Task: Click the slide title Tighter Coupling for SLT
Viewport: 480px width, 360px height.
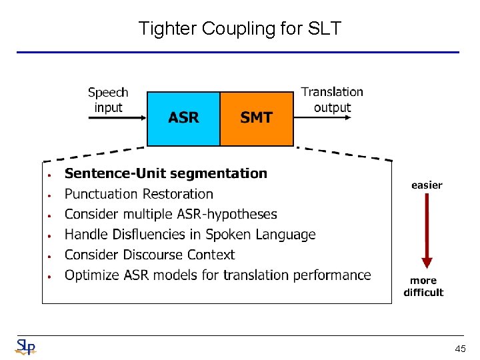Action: [x=239, y=29]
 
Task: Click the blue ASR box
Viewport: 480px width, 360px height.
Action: [x=183, y=118]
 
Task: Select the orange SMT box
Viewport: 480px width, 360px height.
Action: [x=257, y=118]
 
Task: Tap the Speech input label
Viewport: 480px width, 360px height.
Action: [x=108, y=100]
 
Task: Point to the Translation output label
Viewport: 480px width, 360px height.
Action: [x=332, y=99]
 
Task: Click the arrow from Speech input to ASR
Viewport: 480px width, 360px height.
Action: [x=117, y=118]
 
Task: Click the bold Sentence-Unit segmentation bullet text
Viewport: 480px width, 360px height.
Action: [x=165, y=173]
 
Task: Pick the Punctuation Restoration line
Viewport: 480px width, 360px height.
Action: [x=139, y=194]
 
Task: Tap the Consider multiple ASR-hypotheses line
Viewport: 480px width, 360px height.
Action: [x=171, y=214]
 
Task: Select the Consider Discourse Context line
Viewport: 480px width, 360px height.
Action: [x=149, y=255]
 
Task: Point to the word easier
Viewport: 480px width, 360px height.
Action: [x=427, y=185]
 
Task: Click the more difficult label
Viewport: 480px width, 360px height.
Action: [x=423, y=287]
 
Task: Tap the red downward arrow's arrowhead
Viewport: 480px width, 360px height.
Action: [x=427, y=263]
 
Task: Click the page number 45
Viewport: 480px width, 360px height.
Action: [x=460, y=348]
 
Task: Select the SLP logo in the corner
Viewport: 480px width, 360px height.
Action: [x=25, y=347]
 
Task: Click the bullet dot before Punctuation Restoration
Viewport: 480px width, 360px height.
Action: [x=49, y=195]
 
